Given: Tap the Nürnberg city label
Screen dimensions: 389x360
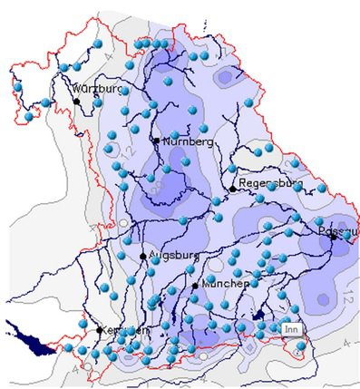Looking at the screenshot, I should tap(188, 142).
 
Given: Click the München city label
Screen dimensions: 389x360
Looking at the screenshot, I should tap(225, 284).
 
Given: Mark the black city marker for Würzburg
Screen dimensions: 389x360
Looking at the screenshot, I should tap(77, 102).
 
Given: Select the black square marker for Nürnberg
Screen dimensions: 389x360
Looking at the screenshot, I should tap(156, 141).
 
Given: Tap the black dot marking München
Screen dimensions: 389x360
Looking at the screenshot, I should tap(195, 286).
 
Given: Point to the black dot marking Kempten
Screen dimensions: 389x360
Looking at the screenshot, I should tap(101, 329).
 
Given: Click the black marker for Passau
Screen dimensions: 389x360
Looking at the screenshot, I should tap(334, 236).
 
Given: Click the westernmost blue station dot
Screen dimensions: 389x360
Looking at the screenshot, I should tap(17, 86).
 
